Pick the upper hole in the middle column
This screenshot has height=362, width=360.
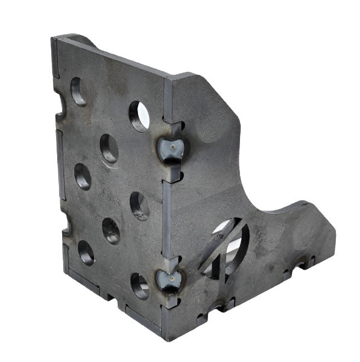[109, 148]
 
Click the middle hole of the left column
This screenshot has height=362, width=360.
[83, 176]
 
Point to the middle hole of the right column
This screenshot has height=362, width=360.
[139, 206]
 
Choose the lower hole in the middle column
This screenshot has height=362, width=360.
[111, 230]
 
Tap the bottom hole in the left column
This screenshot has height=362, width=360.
[86, 252]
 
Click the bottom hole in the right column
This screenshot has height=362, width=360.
[139, 286]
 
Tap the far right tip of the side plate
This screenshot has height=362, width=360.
[335, 241]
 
